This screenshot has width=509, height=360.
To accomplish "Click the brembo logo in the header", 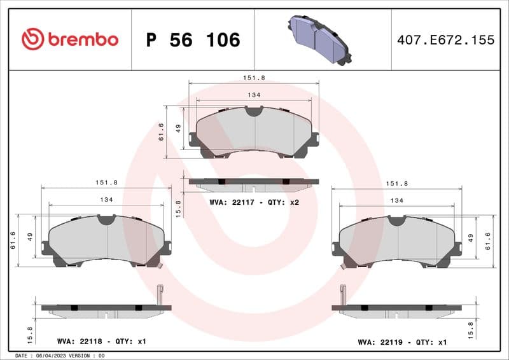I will [70, 39].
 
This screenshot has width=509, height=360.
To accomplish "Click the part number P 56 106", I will [193, 40].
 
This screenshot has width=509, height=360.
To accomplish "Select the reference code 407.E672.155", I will [445, 40].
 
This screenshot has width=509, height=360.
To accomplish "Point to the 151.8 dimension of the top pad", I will [254, 78].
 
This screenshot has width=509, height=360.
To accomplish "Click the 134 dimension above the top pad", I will [254, 95].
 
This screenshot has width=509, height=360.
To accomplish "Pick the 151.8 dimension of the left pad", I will [106, 182].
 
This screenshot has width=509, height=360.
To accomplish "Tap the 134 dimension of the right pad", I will [396, 200].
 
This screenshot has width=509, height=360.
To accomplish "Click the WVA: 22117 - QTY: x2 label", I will [254, 202].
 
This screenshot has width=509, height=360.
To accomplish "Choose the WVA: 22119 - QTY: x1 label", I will [402, 342].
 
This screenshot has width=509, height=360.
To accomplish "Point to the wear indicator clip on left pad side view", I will [160, 294].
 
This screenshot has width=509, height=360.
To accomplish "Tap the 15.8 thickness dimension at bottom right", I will [470, 329].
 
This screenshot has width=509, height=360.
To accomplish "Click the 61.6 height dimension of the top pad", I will [162, 132].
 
